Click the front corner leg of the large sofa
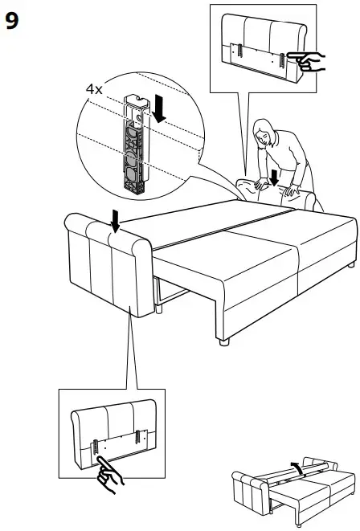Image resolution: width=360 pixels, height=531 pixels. click(223, 341)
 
